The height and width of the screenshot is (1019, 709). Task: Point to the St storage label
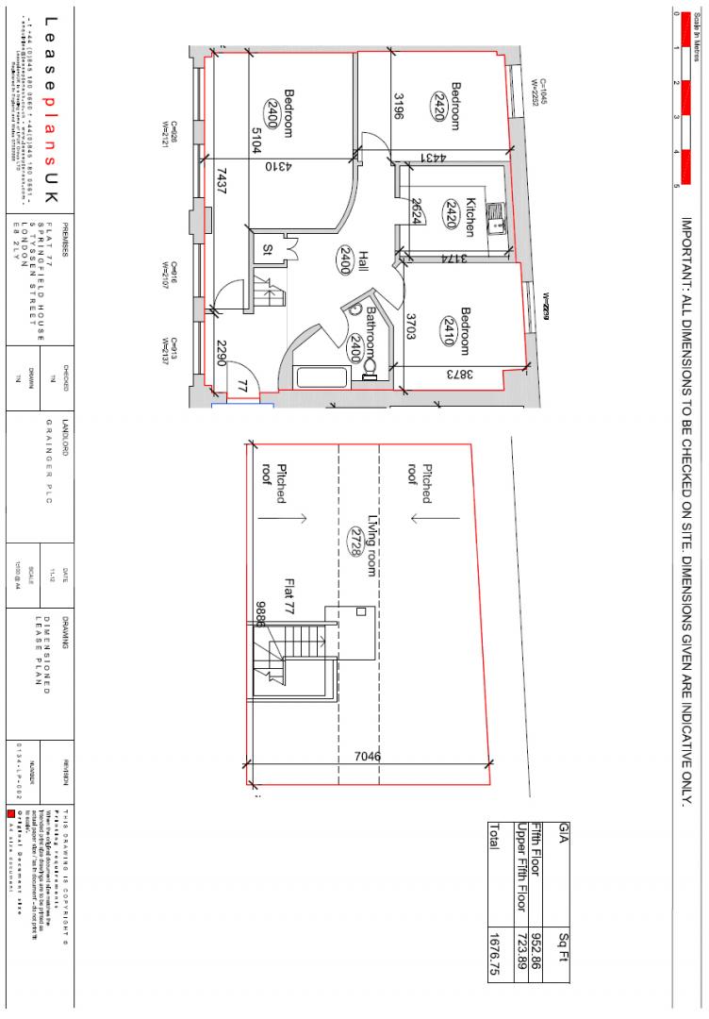coord(268,248)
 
